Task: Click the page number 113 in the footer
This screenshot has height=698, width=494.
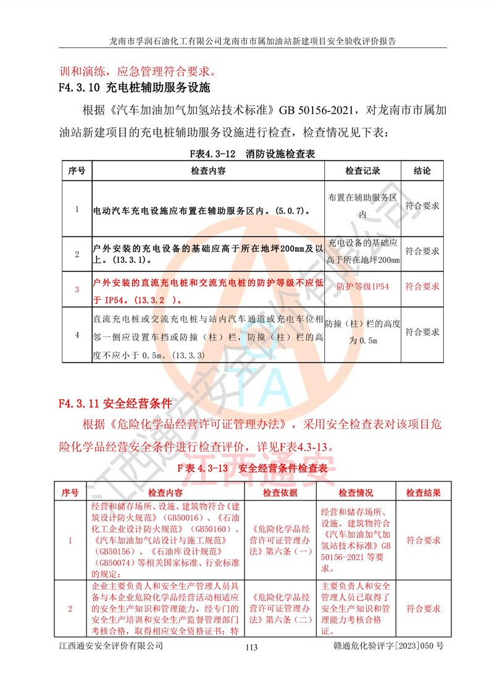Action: [x=251, y=647]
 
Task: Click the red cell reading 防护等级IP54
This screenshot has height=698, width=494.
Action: [x=362, y=288]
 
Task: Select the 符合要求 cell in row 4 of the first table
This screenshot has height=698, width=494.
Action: [x=422, y=332]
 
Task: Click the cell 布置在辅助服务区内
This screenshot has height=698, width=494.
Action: [x=362, y=206]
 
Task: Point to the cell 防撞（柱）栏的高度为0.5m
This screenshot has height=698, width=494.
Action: [x=362, y=332]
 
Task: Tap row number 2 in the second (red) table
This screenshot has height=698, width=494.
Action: [x=70, y=609]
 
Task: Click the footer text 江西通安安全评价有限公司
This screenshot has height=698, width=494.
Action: [x=111, y=646]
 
